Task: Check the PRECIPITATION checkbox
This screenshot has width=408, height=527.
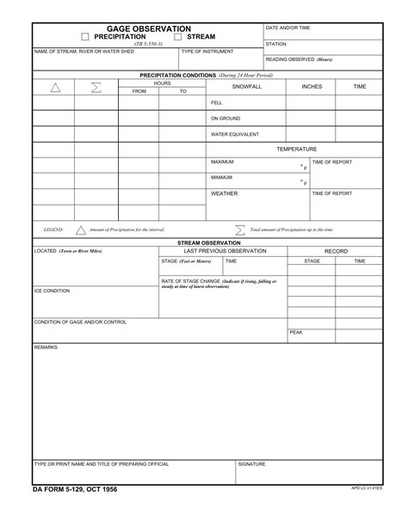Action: (85, 38)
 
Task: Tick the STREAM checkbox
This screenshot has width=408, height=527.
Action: (178, 38)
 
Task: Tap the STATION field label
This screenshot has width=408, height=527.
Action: (276, 44)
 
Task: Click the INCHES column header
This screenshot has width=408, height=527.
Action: (312, 87)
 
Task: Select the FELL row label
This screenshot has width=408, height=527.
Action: (217, 102)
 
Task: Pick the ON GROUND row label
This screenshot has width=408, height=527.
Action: (226, 119)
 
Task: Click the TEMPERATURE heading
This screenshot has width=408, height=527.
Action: (296, 150)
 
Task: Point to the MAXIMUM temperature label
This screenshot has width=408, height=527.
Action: (223, 162)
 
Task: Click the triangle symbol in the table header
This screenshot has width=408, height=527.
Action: (55, 87)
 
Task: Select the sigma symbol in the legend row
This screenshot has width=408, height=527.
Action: (239, 230)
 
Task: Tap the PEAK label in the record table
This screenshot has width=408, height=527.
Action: (296, 332)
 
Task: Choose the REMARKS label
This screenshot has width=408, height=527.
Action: (45, 347)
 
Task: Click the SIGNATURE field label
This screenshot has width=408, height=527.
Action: (252, 463)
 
